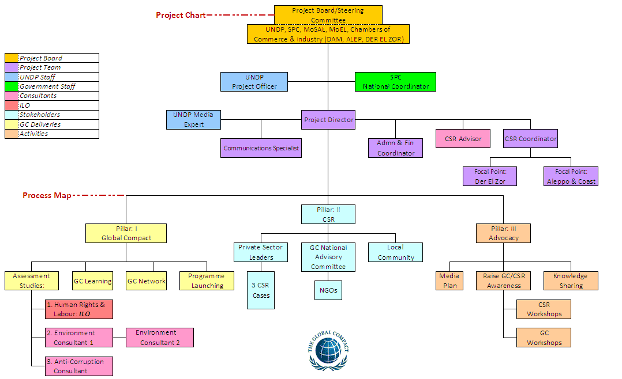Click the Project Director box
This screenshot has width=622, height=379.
coord(328,120)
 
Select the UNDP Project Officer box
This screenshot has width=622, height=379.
coord(254,82)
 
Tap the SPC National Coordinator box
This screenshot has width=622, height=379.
coord(395,82)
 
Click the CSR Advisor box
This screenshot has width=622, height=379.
coord(463,139)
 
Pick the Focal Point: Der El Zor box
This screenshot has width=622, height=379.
coord(489,176)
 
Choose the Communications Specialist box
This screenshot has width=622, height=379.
coord(261,148)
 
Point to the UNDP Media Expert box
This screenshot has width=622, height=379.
coord(193,119)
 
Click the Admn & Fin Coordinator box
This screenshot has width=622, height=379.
coord(396,148)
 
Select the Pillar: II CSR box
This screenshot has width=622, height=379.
coord(328,214)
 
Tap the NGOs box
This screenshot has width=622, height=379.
coord(328,290)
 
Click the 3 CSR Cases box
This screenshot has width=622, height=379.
coord(261,291)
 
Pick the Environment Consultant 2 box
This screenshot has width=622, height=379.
coord(160,338)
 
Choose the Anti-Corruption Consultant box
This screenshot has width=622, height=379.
coord(79,366)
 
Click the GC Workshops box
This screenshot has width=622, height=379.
coord(544,338)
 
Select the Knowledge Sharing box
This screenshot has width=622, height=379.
coord(571,281)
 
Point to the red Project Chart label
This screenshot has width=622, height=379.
coord(181,15)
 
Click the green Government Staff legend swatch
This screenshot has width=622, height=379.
coord(12,86)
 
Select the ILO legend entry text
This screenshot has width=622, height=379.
coord(25,105)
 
